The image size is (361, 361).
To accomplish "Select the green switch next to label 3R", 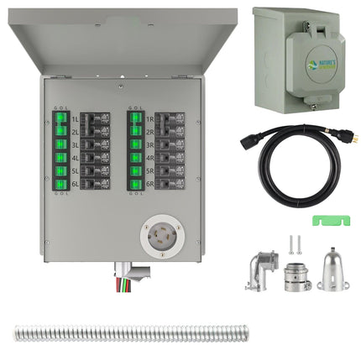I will pos(134,144).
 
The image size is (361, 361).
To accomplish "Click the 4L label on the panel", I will pos(76,156).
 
